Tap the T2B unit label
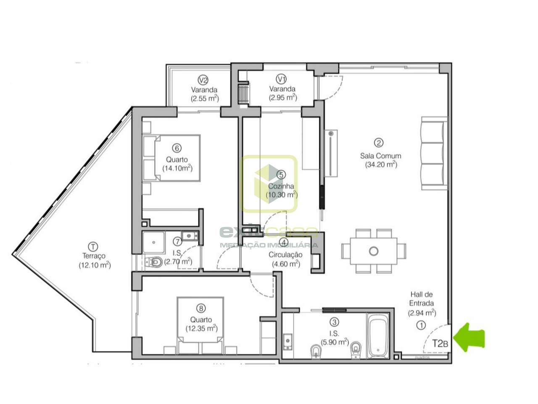pyautogui.click(x=440, y=343)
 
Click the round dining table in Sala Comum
pyautogui.click(x=373, y=251)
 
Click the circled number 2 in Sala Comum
pyautogui.click(x=380, y=143)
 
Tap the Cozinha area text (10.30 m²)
pyautogui.click(x=281, y=195)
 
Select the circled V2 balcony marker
pyautogui.click(x=203, y=80)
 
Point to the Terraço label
pyautogui.click(x=94, y=256)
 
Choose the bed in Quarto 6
pyautogui.click(x=172, y=158)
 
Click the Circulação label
pyautogui.click(x=285, y=255)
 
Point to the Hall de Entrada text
pyautogui.click(x=422, y=299)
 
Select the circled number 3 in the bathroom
pyautogui.click(x=334, y=322)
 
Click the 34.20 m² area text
pyautogui.click(x=381, y=165)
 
